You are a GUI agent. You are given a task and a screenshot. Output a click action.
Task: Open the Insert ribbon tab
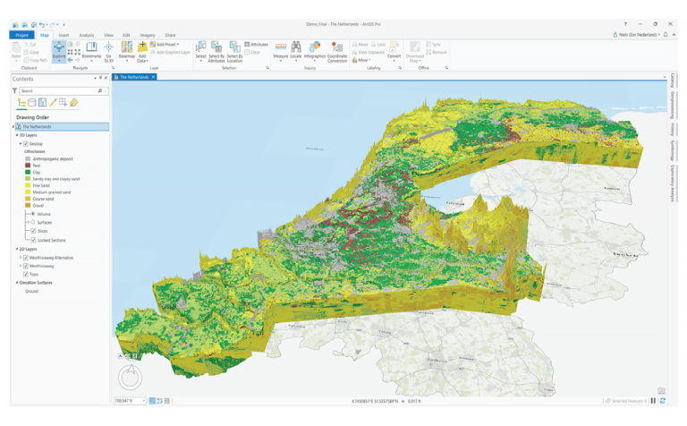(64, 35)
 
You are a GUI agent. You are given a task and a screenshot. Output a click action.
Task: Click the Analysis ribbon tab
(86, 35)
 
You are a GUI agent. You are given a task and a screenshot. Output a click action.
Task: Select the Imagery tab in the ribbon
(147, 35)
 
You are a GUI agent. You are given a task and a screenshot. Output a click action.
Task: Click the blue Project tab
(21, 35)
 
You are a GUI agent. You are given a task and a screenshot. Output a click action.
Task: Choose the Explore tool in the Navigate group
(59, 50)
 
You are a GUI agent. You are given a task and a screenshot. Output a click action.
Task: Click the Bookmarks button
(91, 50)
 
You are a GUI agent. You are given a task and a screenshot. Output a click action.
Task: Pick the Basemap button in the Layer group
(127, 50)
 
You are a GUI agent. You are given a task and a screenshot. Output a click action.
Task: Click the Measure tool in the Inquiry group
(280, 50)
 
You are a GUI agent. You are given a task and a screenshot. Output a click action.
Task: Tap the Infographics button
(314, 50)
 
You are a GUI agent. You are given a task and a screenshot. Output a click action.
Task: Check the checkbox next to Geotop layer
(26, 144)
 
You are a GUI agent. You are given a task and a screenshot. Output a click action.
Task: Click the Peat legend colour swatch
(28, 166)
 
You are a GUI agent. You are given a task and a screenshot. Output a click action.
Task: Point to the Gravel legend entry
(38, 206)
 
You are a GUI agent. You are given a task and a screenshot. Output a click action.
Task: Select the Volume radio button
(33, 214)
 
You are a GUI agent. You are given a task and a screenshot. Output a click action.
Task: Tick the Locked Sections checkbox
(33, 240)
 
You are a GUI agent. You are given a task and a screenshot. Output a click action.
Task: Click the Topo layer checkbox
(26, 275)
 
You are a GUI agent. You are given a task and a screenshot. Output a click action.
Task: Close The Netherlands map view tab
(153, 77)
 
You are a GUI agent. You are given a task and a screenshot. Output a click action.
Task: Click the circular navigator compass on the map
(131, 377)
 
